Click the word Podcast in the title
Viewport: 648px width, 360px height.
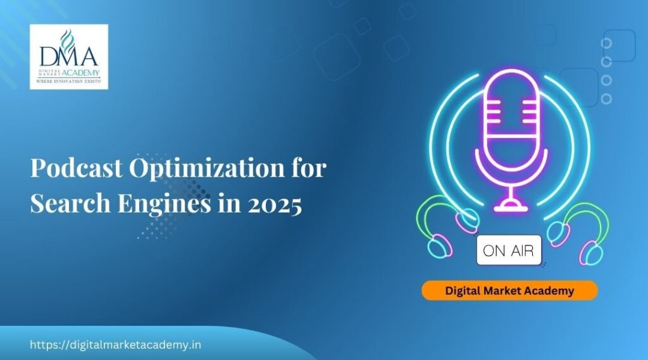(77, 168)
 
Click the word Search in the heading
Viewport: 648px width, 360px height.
(71, 203)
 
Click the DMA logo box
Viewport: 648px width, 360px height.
(69, 56)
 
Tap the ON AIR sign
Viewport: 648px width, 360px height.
(509, 250)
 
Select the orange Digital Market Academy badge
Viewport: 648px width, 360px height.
(509, 290)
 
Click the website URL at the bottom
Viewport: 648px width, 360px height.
(116, 345)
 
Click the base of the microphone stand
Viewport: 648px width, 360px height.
(511, 206)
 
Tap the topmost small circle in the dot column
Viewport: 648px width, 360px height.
(606, 43)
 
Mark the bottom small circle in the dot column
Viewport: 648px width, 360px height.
(606, 99)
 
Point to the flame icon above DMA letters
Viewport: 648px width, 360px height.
(66, 39)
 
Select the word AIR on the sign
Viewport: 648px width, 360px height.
(522, 251)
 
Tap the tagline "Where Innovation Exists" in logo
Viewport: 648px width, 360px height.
(68, 82)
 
